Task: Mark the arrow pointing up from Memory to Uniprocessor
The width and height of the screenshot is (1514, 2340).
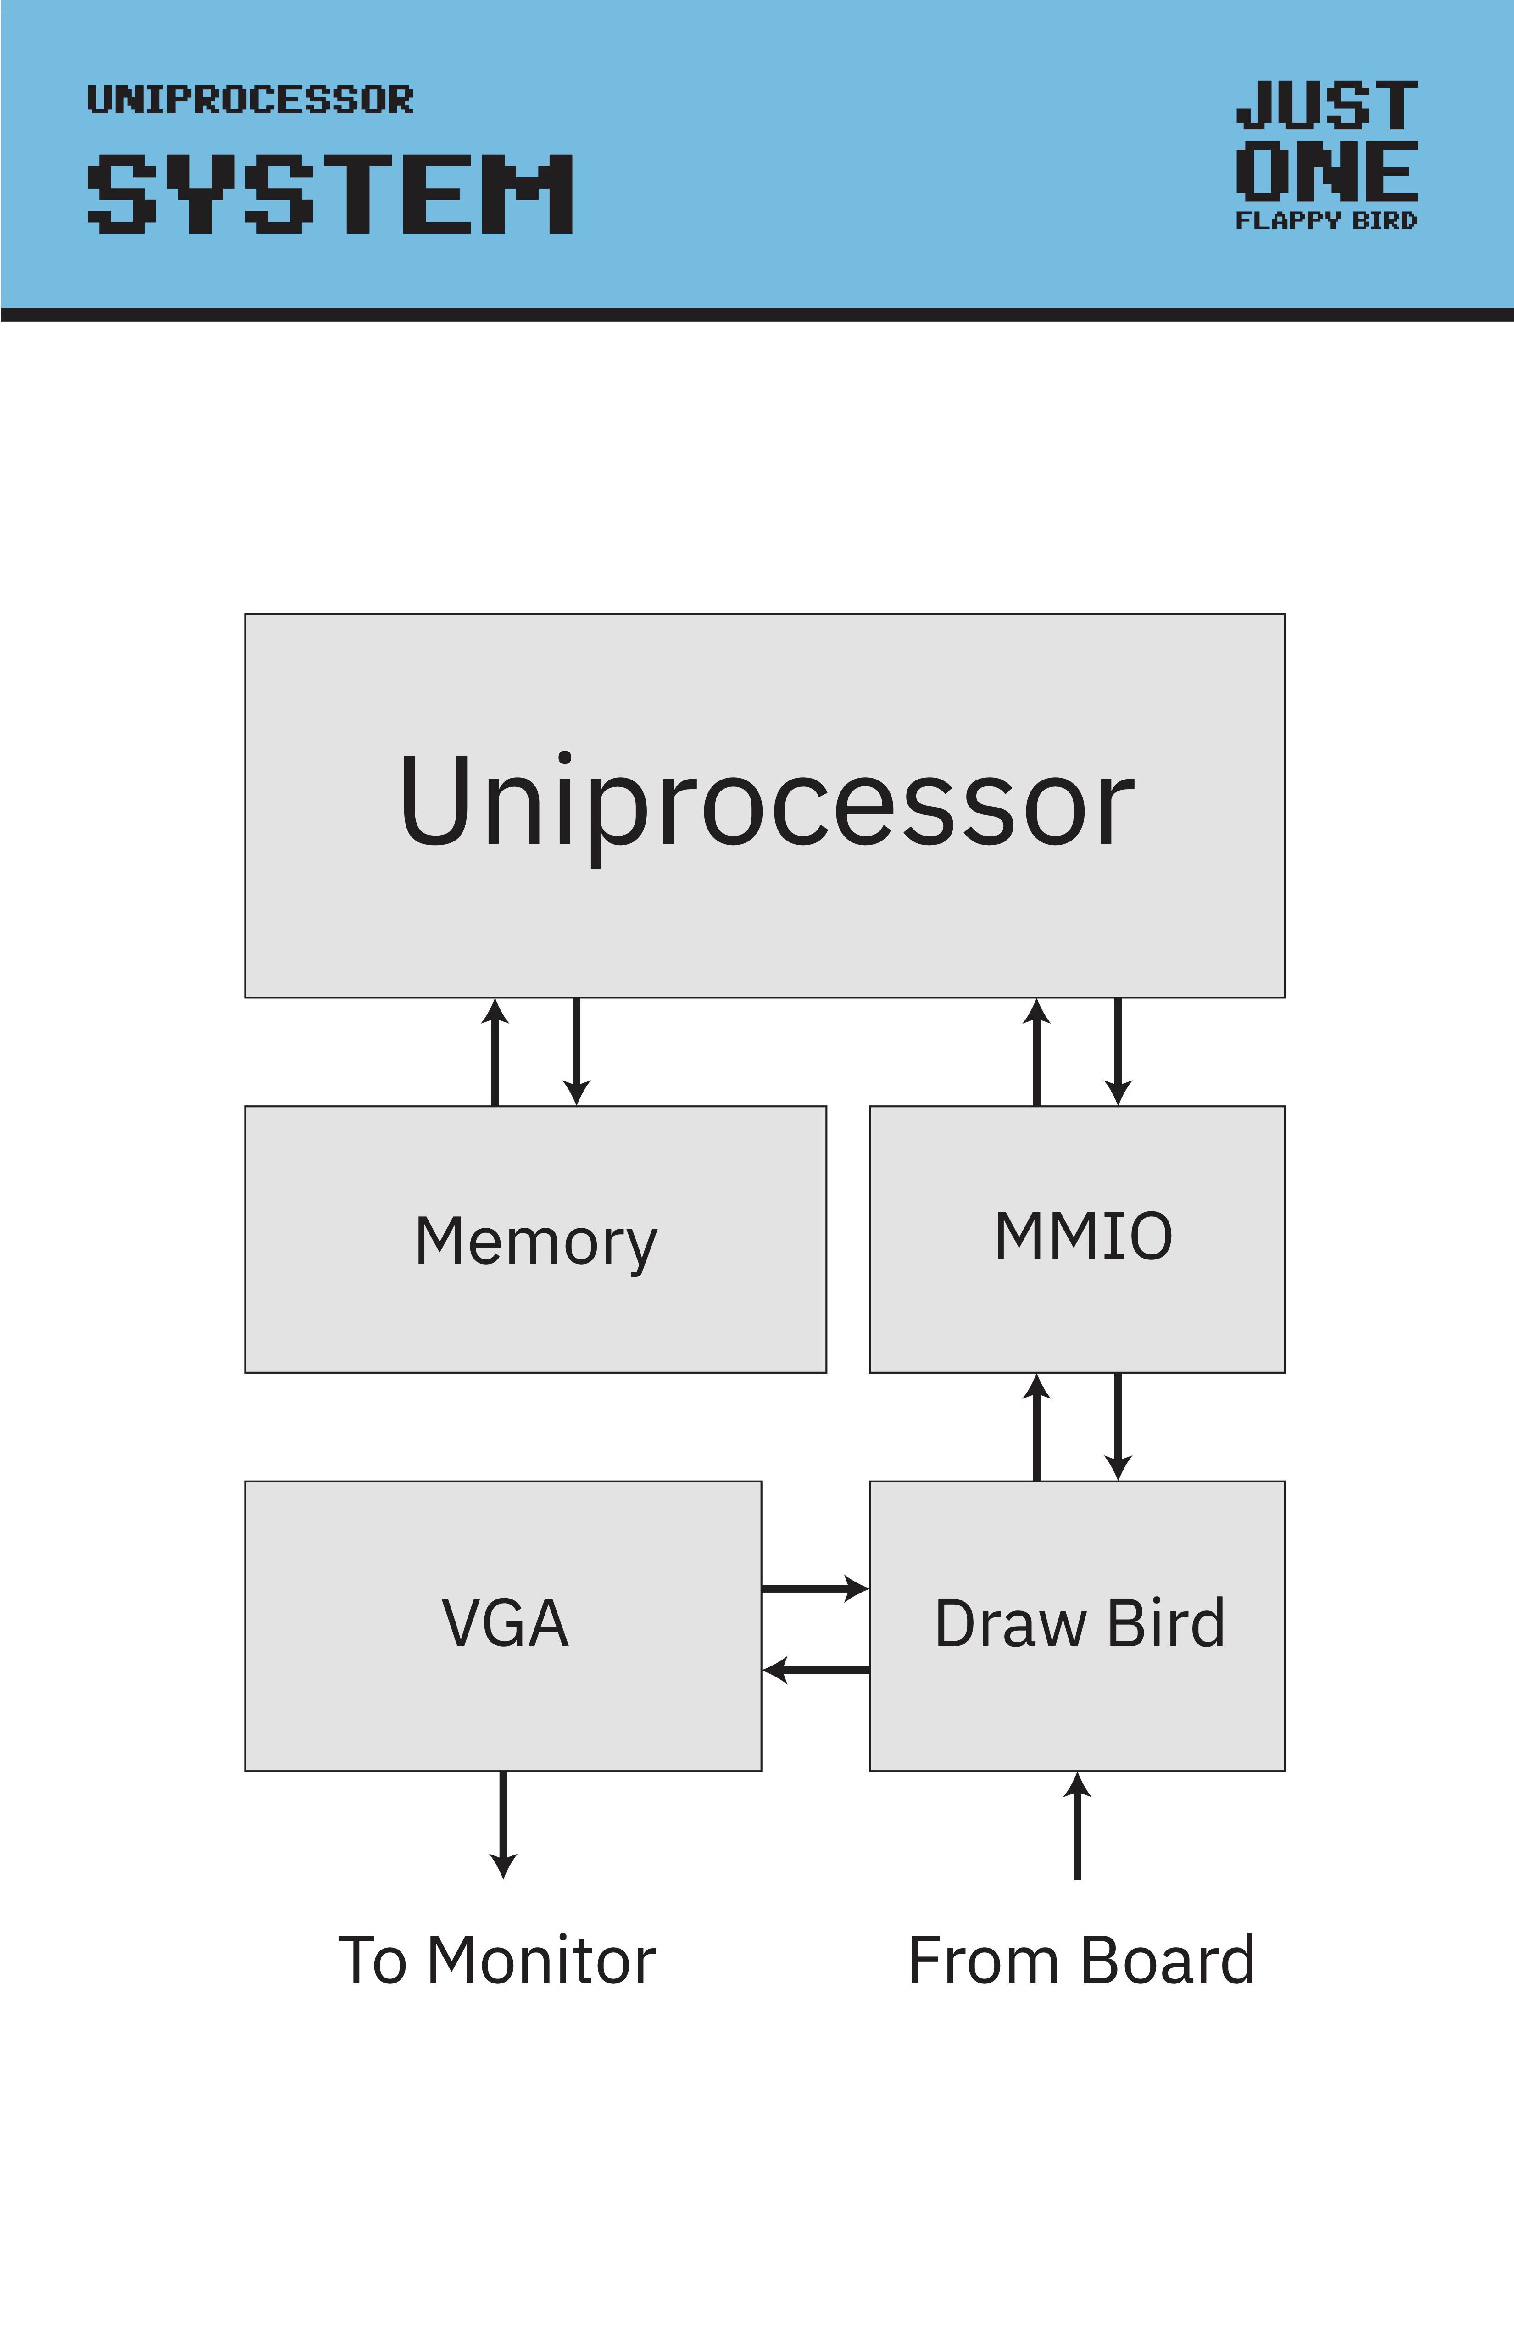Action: click(495, 1052)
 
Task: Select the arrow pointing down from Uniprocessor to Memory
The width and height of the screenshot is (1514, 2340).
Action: click(576, 1052)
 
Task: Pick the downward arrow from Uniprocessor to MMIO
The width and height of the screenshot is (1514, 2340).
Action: click(1118, 1052)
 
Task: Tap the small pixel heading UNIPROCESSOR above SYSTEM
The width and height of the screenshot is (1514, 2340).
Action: click(250, 99)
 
